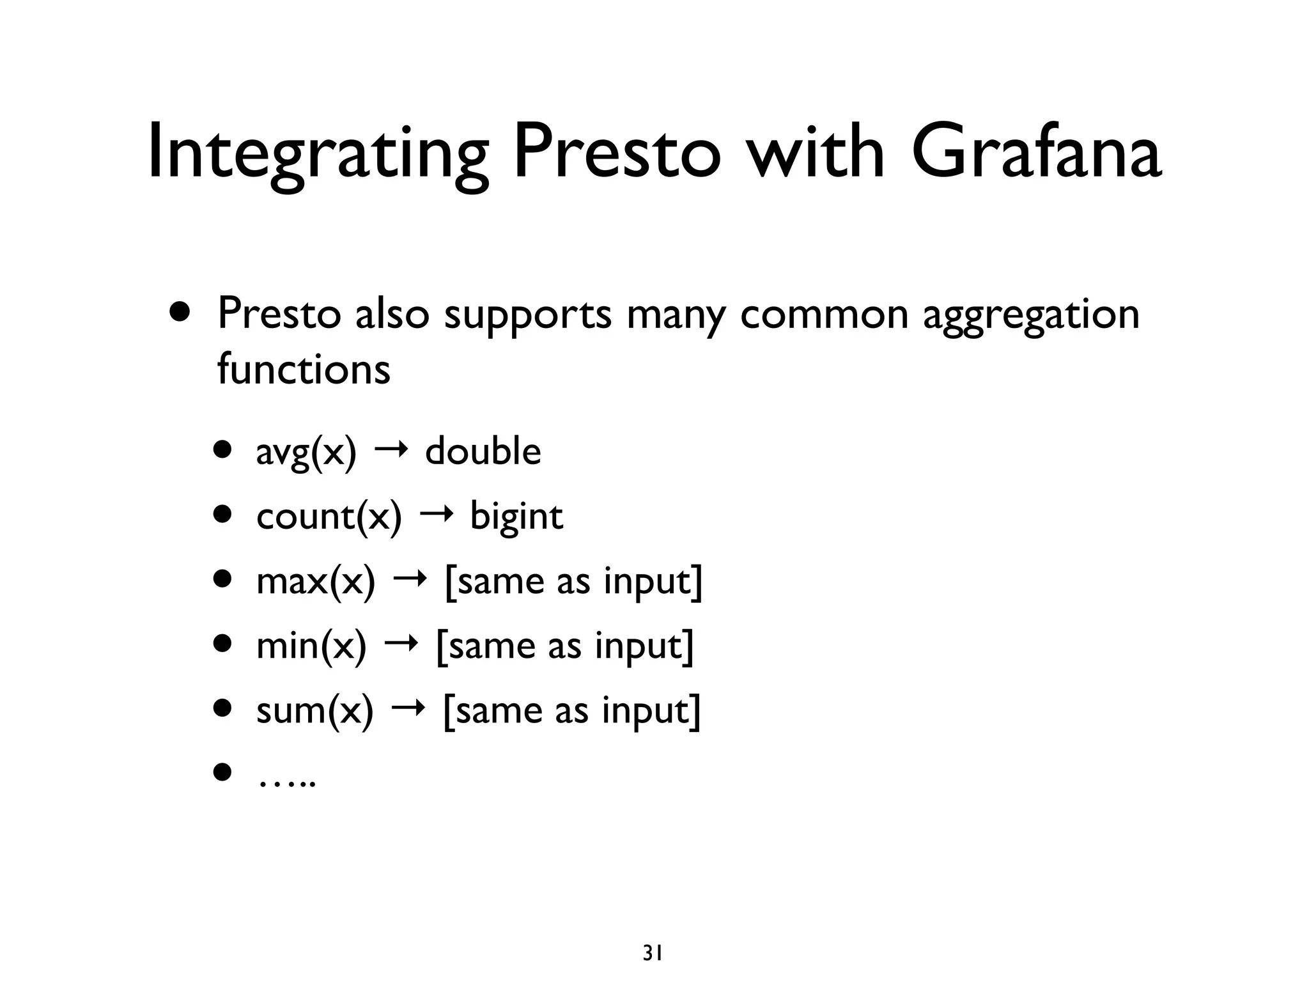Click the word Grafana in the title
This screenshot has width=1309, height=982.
click(x=1035, y=153)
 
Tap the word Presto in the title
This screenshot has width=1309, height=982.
click(x=617, y=153)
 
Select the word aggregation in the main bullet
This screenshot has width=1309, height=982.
click(x=1031, y=315)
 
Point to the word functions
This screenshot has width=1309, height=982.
click(x=304, y=369)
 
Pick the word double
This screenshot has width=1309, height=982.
click(x=483, y=451)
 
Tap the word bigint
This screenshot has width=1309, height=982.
click(x=516, y=516)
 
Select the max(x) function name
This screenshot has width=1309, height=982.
click(x=316, y=581)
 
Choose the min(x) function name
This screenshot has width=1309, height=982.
click(x=311, y=646)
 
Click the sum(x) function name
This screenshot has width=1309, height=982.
click(x=314, y=710)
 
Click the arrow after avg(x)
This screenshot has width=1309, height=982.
click(x=391, y=452)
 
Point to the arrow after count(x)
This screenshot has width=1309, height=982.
click(x=436, y=515)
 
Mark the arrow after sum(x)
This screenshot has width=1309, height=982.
click(x=408, y=709)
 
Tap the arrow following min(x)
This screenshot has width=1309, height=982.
click(x=401, y=644)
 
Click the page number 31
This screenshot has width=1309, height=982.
click(x=652, y=935)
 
